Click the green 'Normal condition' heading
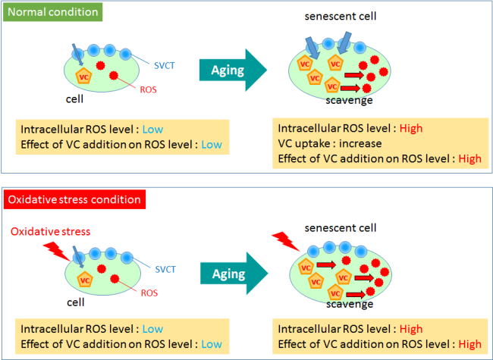tap(51, 13)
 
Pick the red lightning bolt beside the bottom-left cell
tap(58, 248)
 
